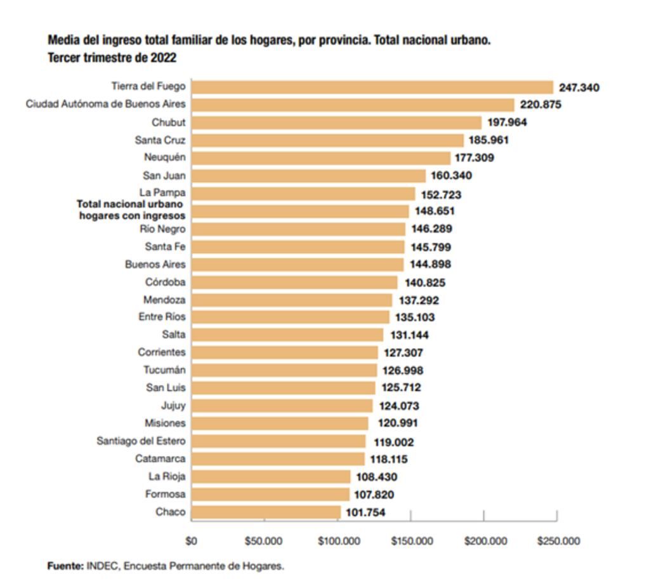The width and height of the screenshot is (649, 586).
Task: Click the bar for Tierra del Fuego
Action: tap(372, 88)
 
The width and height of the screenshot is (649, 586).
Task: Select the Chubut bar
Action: tap(336, 123)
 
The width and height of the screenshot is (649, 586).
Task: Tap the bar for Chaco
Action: tap(266, 512)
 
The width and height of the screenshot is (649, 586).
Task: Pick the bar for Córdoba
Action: tap(294, 283)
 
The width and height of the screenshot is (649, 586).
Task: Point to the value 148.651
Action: tap(435, 211)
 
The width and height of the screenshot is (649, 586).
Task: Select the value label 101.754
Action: tap(365, 512)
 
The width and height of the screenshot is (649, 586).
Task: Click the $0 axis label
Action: tap(191, 541)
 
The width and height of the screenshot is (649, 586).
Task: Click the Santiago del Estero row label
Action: tap(141, 441)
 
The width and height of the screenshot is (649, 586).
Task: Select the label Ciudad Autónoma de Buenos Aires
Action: tap(105, 104)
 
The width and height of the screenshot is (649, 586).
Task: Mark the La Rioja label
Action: tap(167, 476)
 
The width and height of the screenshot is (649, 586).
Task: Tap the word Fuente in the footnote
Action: tap(65, 566)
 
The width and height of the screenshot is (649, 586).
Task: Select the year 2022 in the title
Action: tap(163, 58)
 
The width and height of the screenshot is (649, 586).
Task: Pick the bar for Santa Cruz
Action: tap(327, 140)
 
